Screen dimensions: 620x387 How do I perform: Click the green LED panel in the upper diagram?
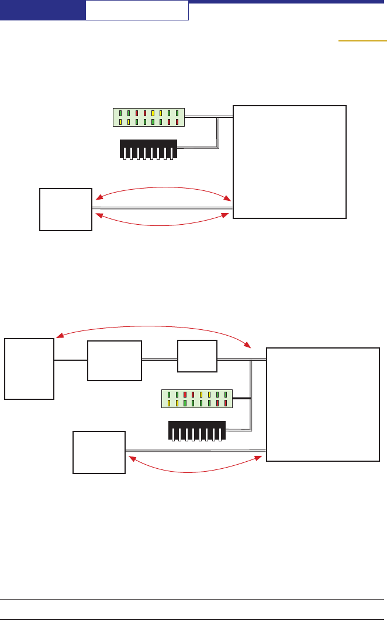148,117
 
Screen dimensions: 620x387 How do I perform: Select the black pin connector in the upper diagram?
148,149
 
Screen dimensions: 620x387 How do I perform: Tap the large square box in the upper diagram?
289,162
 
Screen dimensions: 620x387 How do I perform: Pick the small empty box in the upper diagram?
65,209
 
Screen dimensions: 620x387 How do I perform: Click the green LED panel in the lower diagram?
197,398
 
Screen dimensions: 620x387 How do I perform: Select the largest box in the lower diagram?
323,405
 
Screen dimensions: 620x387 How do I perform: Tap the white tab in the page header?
137,11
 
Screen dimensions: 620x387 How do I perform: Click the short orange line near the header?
362,41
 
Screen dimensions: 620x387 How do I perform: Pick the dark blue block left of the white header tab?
42,10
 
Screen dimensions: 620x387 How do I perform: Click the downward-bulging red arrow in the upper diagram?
161,222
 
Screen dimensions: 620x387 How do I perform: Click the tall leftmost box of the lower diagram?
29,368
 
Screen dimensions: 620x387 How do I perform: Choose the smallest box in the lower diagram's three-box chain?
196,356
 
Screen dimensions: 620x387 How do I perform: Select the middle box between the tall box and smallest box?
114,360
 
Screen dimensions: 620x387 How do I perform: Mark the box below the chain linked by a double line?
99,452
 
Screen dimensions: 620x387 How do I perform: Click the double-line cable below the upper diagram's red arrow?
162,207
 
